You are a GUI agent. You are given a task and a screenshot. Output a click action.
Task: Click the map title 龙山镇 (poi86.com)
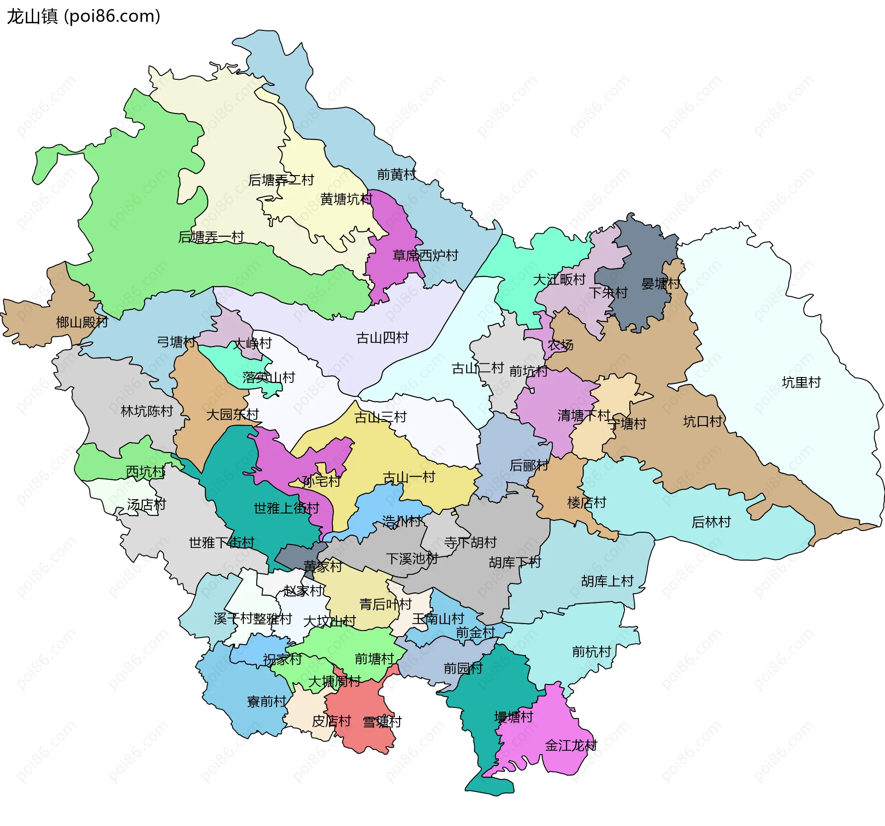coord(83,17)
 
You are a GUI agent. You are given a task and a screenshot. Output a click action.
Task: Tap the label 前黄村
coord(396,174)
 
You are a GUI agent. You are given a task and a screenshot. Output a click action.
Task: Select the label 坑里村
coord(801,382)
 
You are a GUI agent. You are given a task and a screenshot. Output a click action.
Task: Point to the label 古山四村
coord(382,338)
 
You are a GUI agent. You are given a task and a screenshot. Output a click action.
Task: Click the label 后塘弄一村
coord(211,237)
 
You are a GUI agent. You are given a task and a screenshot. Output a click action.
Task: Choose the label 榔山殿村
coord(82,322)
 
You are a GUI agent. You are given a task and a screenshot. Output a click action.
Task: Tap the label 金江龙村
coord(571,745)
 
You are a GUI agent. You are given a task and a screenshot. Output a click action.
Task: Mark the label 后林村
coord(711,522)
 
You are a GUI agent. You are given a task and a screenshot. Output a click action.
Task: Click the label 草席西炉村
coord(425,255)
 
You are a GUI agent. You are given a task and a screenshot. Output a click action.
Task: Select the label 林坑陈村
coord(147,411)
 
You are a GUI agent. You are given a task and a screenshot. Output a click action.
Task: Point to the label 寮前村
coord(266,702)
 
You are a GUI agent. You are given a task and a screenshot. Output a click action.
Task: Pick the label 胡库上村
coord(607,581)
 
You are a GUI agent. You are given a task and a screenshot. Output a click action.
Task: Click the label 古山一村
coord(409,477)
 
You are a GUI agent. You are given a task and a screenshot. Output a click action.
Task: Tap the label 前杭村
coord(591,652)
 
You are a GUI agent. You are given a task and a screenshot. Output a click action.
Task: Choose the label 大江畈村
coord(559,279)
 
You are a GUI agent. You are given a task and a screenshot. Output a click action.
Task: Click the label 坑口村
coord(702,421)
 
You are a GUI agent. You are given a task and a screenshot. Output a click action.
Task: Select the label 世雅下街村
coord(221,543)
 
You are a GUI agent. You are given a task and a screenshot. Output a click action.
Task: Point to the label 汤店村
coord(146,505)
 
